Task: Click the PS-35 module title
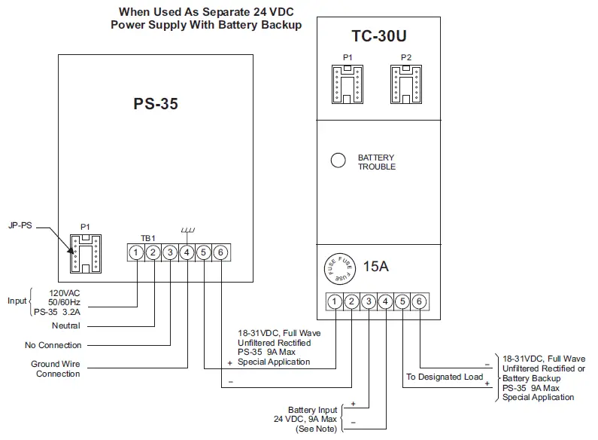tap(156, 105)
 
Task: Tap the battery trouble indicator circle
tap(338, 160)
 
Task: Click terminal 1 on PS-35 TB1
tap(136, 252)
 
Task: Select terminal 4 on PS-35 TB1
tap(187, 252)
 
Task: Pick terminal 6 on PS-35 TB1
tap(220, 252)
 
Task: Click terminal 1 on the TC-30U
tap(335, 301)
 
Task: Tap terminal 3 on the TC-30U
tap(369, 301)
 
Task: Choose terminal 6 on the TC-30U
tap(419, 301)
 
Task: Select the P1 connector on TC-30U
tap(347, 82)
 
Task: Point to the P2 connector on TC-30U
tap(405, 82)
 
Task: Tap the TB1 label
tap(148, 237)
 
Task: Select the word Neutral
tap(65, 326)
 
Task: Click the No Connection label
tap(53, 345)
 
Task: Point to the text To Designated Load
tap(445, 377)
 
